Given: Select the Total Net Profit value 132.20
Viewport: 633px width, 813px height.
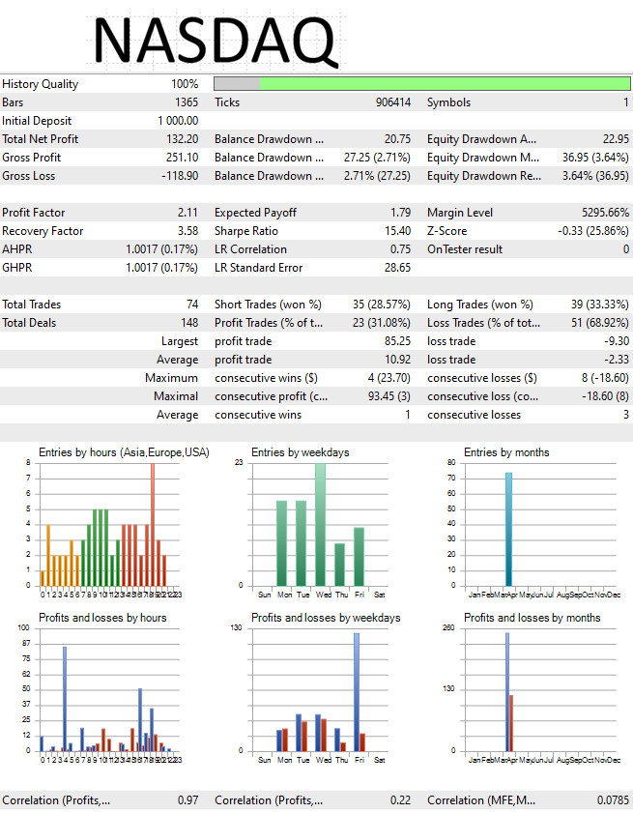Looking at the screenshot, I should (181, 139).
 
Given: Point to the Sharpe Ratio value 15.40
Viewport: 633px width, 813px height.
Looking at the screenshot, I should (397, 231).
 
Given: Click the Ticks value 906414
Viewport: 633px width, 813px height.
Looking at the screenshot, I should (392, 102).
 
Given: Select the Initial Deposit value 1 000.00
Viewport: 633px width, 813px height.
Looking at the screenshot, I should (178, 121).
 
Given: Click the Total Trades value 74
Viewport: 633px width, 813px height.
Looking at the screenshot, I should (191, 305).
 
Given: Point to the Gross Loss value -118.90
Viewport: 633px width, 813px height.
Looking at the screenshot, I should (179, 176).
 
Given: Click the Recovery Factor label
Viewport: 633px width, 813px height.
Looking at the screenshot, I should (43, 231).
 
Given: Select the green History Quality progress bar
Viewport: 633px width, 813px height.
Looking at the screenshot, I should (445, 84).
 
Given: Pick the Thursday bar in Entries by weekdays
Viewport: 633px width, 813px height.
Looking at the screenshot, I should (339, 565).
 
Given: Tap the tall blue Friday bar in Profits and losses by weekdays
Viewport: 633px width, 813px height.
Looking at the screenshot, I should (356, 691).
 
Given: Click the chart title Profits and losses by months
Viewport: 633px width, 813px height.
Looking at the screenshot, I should (532, 618).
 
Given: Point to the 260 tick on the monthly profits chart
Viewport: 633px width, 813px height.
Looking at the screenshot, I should (448, 627).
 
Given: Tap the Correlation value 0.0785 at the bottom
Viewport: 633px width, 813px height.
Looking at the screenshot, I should (611, 800).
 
